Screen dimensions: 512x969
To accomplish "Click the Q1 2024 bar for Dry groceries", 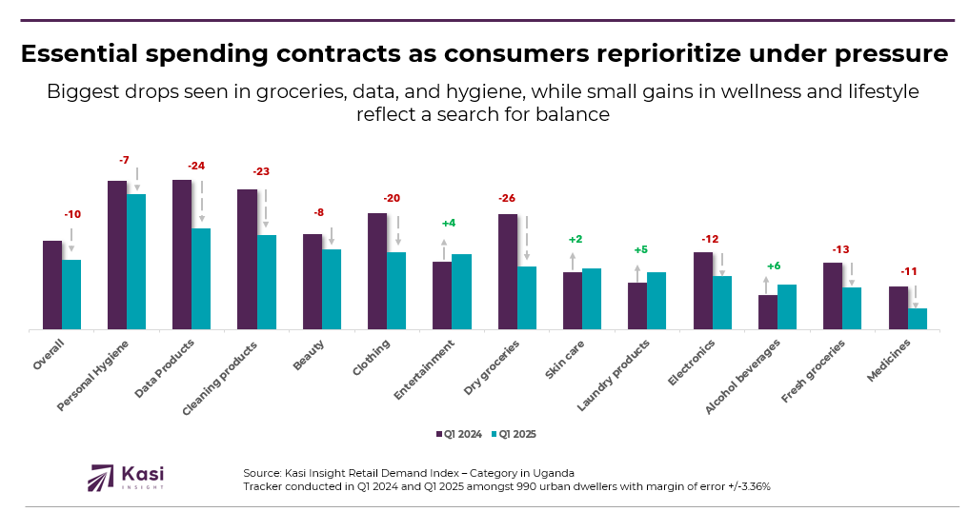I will pyautogui.click(x=508, y=272).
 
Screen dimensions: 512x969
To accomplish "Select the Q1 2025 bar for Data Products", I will pyautogui.click(x=201, y=279).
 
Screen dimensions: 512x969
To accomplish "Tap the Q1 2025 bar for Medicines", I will pyautogui.click(x=918, y=319).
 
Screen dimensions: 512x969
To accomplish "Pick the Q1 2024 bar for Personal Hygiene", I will pyautogui.click(x=117, y=255).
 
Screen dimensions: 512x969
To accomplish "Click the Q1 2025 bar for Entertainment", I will pyautogui.click(x=461, y=291).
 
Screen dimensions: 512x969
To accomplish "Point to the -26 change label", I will pyautogui.click(x=507, y=198).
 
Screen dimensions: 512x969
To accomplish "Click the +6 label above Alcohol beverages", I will pyautogui.click(x=773, y=266).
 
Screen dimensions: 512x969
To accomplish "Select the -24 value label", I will pyautogui.click(x=195, y=166).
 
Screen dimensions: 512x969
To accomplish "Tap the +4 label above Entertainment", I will pyautogui.click(x=449, y=223).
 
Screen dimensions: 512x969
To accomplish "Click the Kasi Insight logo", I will pyautogui.click(x=127, y=477).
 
